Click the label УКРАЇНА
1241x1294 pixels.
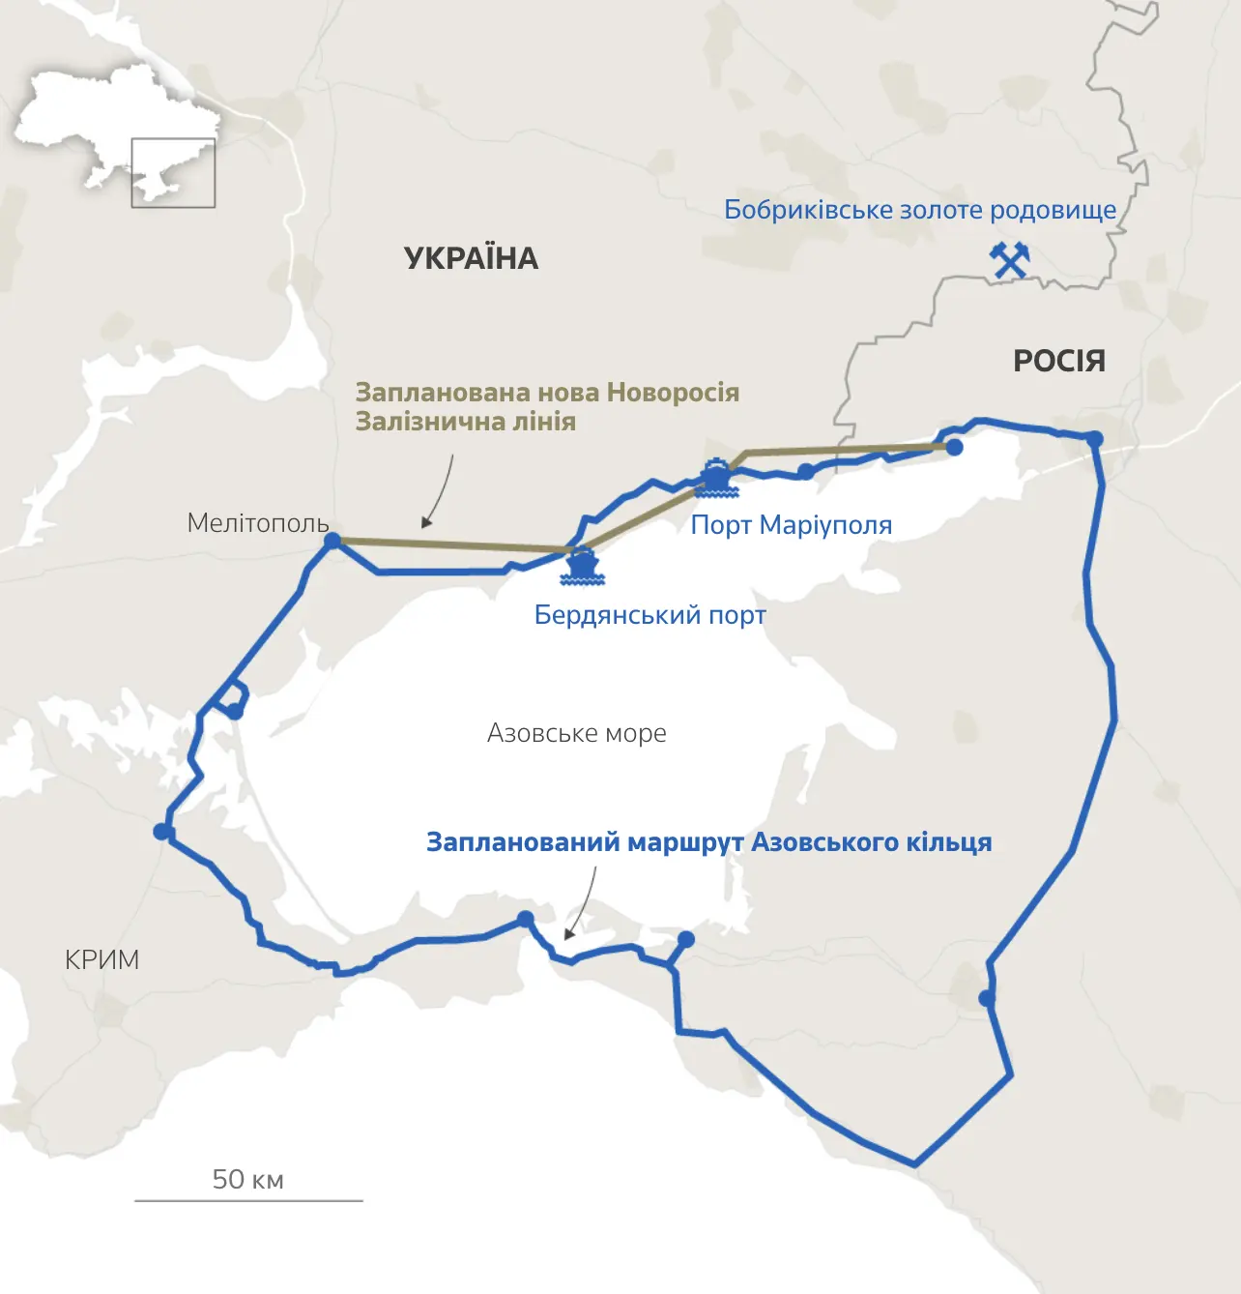(x=471, y=258)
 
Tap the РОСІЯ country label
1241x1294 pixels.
(x=1058, y=361)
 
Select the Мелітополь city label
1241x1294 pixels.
(x=258, y=523)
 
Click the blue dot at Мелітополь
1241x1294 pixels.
(x=332, y=541)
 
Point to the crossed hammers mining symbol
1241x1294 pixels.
(x=1009, y=260)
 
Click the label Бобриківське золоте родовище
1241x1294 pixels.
(x=919, y=210)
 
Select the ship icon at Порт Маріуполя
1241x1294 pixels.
(x=716, y=478)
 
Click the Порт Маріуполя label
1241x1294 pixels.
(x=791, y=525)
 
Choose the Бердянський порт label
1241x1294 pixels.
(x=649, y=615)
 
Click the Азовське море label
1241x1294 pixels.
(x=576, y=733)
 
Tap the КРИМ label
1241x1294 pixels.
(x=101, y=959)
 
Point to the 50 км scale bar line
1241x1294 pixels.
(x=248, y=1200)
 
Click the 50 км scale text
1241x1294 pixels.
(x=247, y=1179)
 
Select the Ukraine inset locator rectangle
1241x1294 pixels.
(x=173, y=173)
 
